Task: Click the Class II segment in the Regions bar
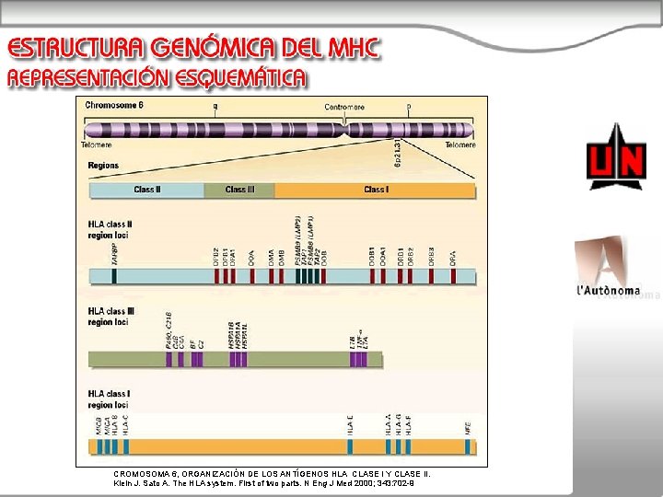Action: point(145,190)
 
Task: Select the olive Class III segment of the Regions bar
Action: point(238,190)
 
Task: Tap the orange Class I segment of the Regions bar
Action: point(375,190)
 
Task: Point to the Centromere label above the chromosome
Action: point(344,107)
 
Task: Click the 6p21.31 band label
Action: point(397,153)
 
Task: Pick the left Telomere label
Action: point(96,144)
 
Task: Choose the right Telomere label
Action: point(459,144)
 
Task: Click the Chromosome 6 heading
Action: point(114,105)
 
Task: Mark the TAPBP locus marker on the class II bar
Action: point(114,275)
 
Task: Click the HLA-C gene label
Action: point(125,424)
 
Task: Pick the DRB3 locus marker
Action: point(431,275)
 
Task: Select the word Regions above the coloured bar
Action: point(103,166)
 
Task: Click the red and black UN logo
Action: point(616,163)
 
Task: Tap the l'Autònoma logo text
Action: point(608,291)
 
